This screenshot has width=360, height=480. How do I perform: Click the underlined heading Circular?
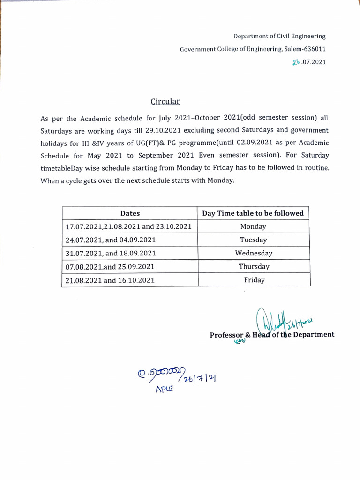coord(165,102)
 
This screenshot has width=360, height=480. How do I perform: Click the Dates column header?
coord(130,213)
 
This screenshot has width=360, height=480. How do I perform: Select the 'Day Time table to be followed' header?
coord(253,213)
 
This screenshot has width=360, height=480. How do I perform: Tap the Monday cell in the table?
coord(253,226)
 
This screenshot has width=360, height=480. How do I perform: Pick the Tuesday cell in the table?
coord(253,240)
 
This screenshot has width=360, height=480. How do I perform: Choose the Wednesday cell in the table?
coord(254,253)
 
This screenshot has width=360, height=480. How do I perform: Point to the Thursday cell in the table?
coord(254,267)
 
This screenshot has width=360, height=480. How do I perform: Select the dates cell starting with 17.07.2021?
coord(128,226)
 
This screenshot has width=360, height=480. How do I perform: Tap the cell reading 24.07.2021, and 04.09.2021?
coord(111,240)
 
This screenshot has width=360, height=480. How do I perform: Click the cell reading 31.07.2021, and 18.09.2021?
coord(111,254)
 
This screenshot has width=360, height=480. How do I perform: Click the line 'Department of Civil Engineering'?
coord(279,36)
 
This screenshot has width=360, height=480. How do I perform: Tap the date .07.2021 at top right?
coord(313,62)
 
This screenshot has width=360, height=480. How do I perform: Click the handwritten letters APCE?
coord(164,389)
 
